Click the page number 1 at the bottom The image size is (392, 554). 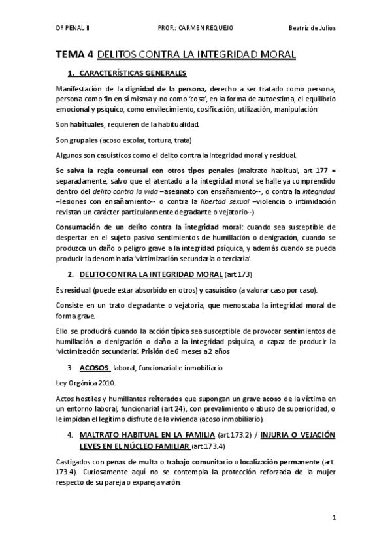334,519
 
